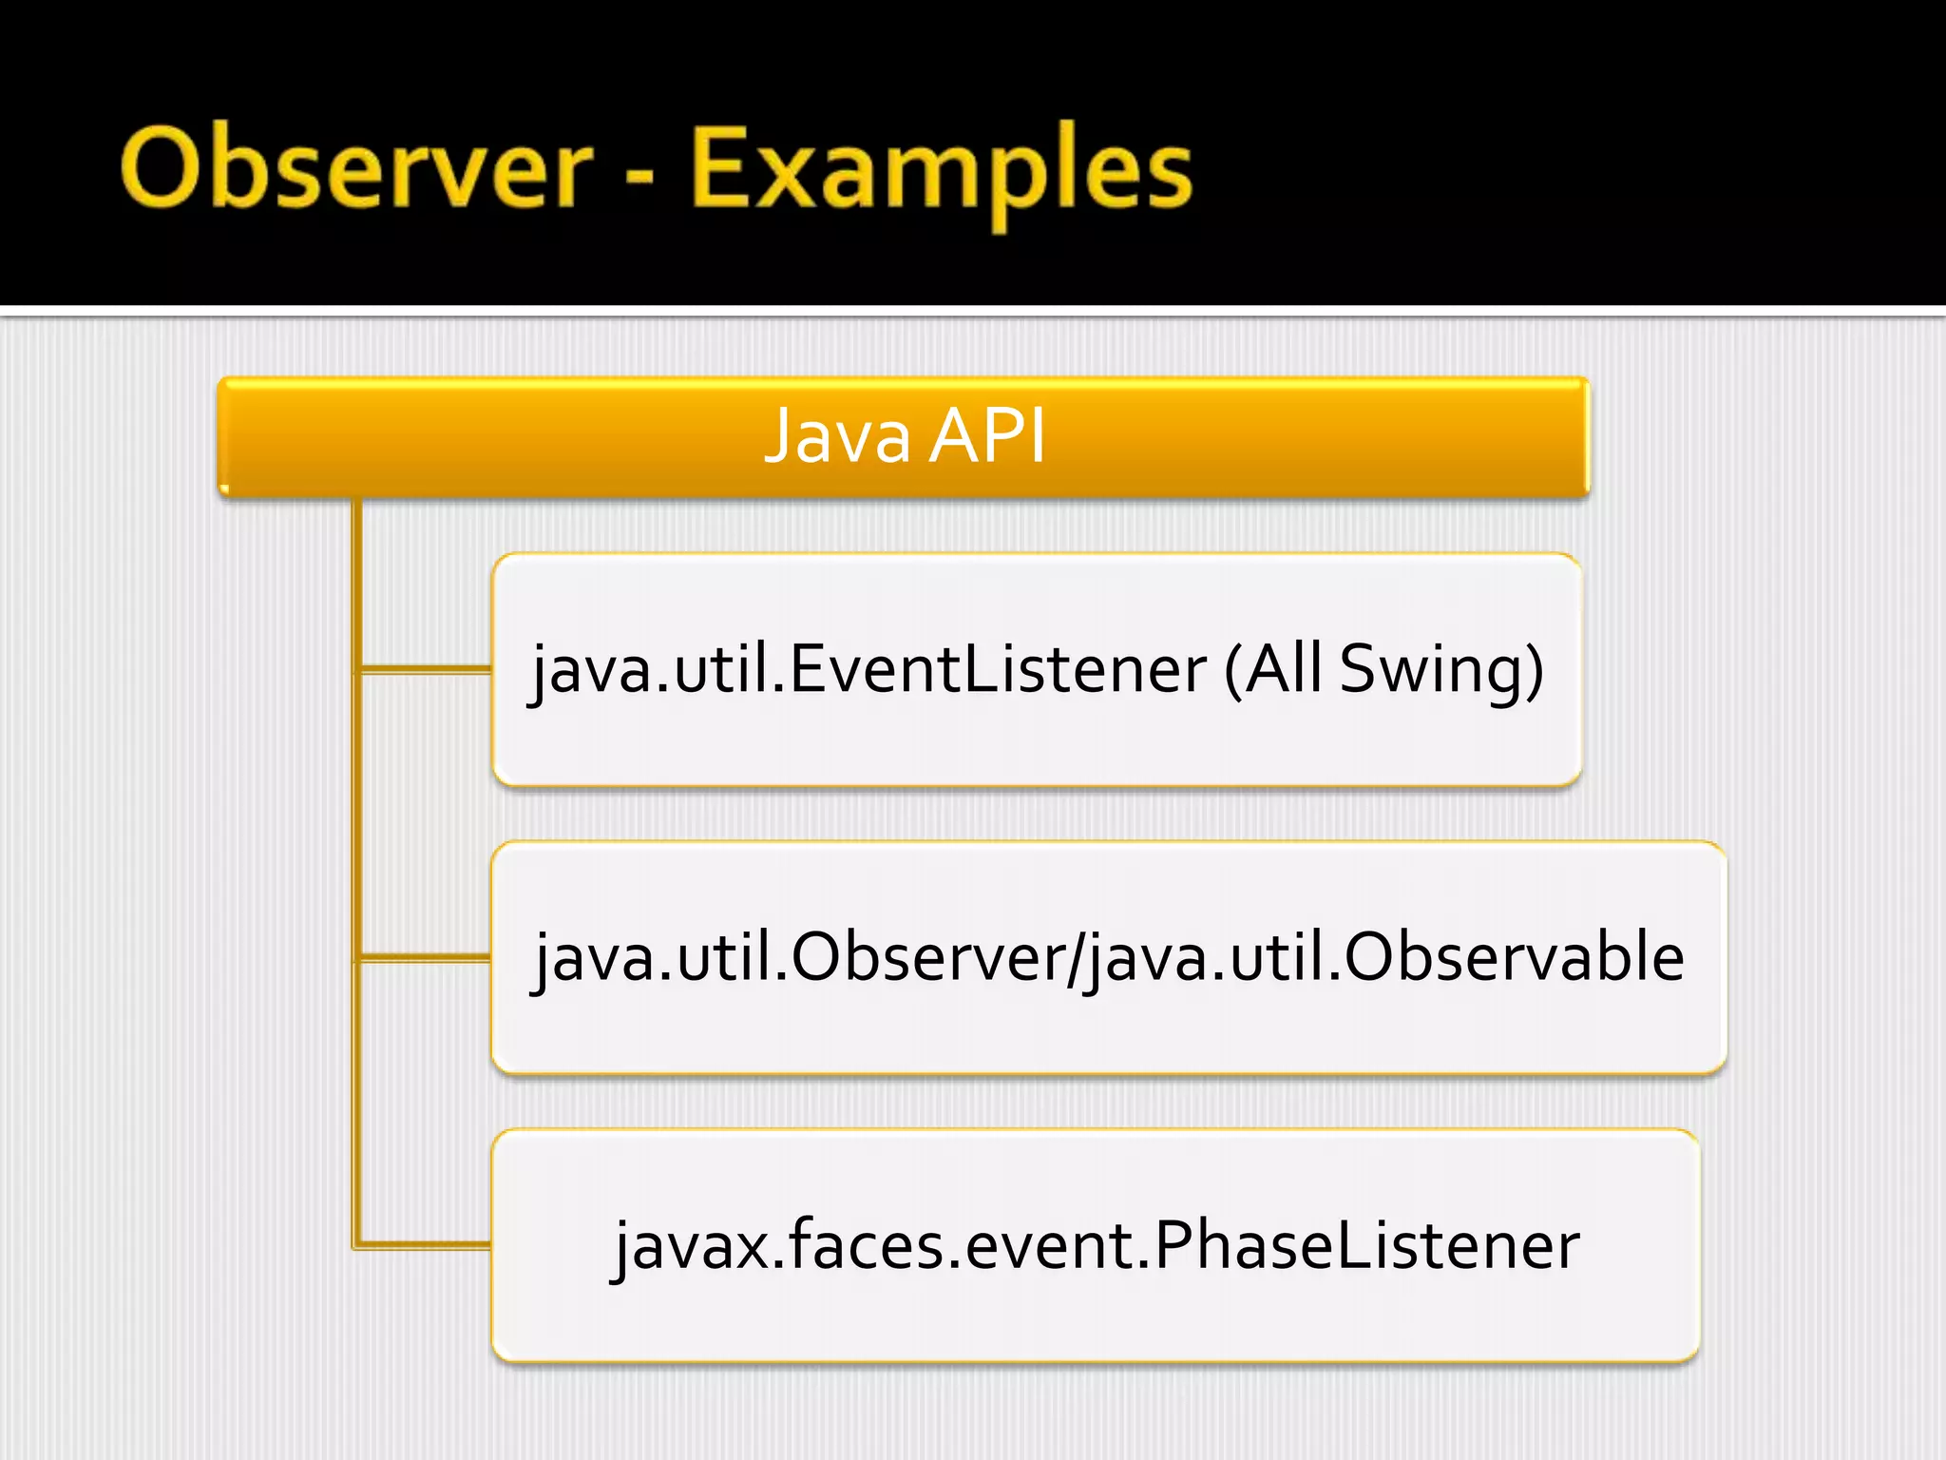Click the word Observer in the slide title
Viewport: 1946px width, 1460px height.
click(356, 169)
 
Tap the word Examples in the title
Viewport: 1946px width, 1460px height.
click(941, 171)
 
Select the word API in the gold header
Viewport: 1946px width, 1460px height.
click(988, 436)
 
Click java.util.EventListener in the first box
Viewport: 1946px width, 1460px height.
click(868, 669)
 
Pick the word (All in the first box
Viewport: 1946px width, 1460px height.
click(1273, 669)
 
